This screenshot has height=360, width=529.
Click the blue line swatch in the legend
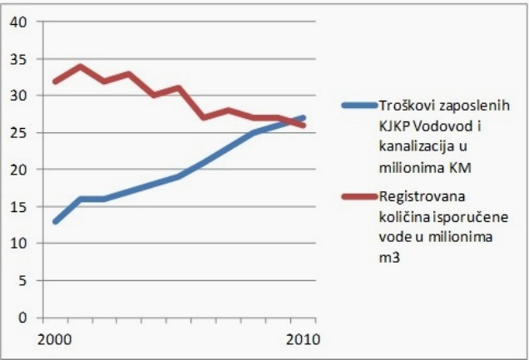tap(358, 106)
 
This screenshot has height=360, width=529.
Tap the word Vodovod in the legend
tap(438, 125)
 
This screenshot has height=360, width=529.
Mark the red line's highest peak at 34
tap(79, 67)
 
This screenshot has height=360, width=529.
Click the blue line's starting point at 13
tap(55, 221)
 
